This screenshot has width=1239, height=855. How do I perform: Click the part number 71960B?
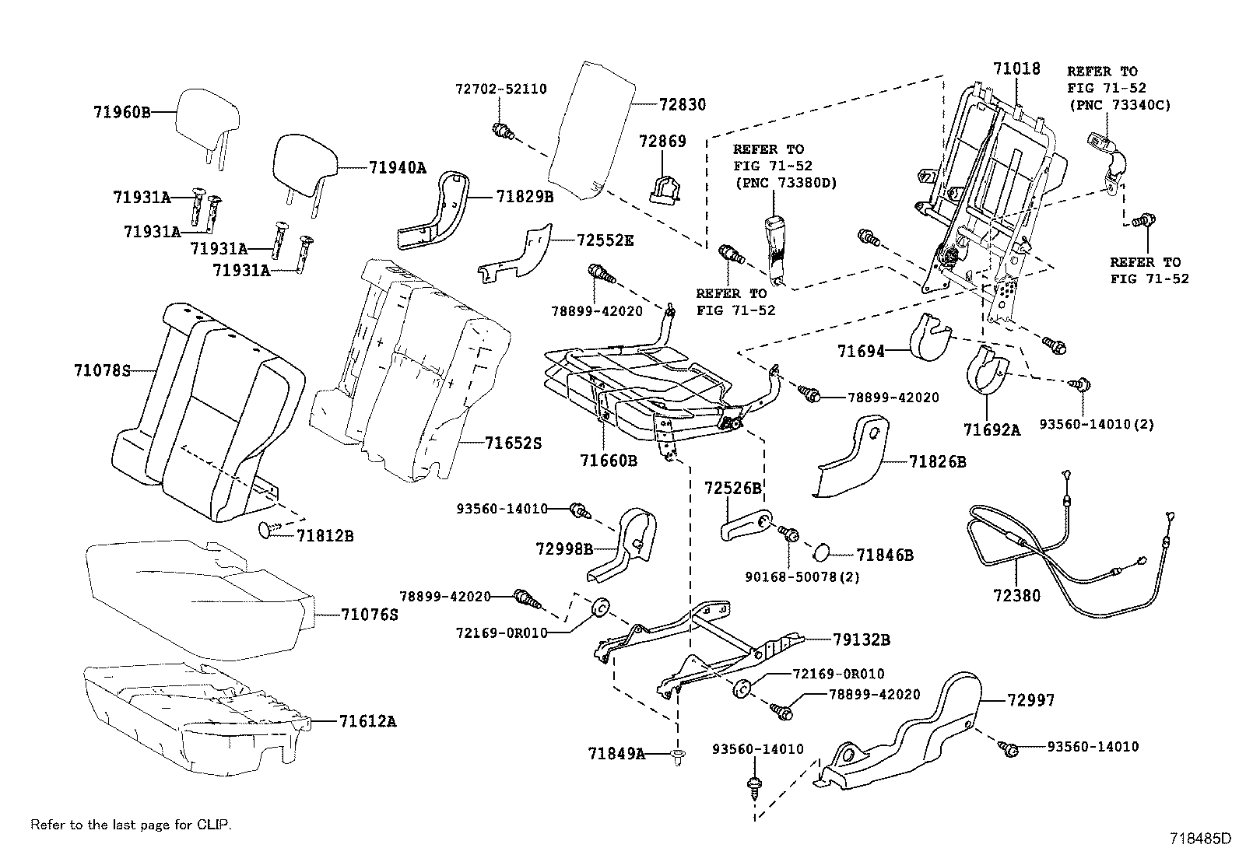(121, 111)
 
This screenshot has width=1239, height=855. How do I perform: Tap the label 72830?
(682, 104)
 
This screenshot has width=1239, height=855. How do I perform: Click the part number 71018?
(1016, 68)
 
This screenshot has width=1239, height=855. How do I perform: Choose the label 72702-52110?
(500, 89)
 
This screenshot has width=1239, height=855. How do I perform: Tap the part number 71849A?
(616, 753)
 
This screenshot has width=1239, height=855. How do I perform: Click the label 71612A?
(367, 721)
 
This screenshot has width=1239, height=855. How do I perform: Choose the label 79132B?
(861, 639)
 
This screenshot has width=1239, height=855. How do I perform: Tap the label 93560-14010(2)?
(1096, 424)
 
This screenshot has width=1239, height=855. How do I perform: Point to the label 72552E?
(605, 240)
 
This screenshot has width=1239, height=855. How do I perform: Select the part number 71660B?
(608, 461)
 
